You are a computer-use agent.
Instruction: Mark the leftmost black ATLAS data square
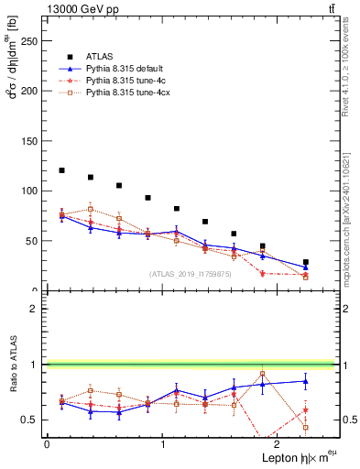61,170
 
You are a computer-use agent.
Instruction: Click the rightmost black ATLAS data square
306,262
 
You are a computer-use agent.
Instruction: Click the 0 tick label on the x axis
47,443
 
